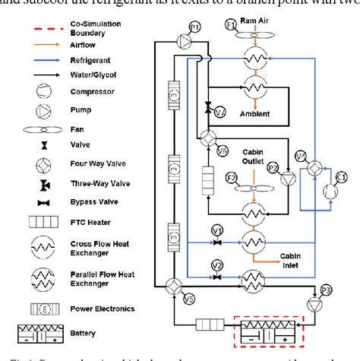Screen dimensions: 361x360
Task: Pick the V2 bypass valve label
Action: [x=217, y=265]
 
